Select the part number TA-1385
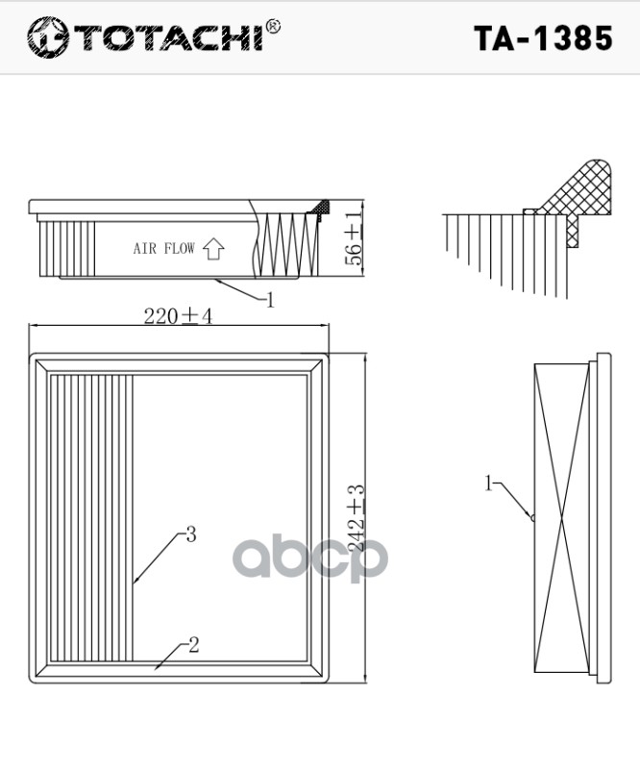(x=543, y=37)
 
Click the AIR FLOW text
(x=163, y=249)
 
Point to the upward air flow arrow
(x=213, y=249)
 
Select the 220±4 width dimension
(x=178, y=317)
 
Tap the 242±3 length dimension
(x=357, y=524)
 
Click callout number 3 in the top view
(x=190, y=534)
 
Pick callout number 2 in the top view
(x=193, y=646)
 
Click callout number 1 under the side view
(x=270, y=300)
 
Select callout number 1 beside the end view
(x=488, y=484)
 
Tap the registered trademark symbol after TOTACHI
(x=273, y=26)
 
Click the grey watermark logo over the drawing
(x=312, y=558)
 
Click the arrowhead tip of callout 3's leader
(x=135, y=583)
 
